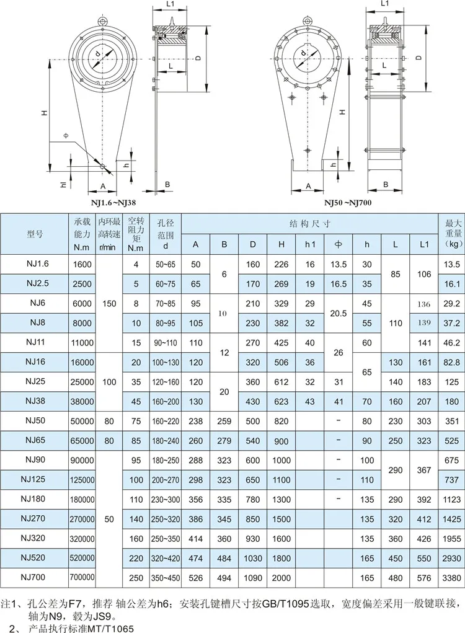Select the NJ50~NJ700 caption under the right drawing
[348, 202]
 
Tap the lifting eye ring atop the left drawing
[102, 20]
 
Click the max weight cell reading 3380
[451, 578]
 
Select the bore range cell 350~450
[166, 578]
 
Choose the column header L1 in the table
[424, 244]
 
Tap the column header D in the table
[253, 244]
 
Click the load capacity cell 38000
[82, 402]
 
